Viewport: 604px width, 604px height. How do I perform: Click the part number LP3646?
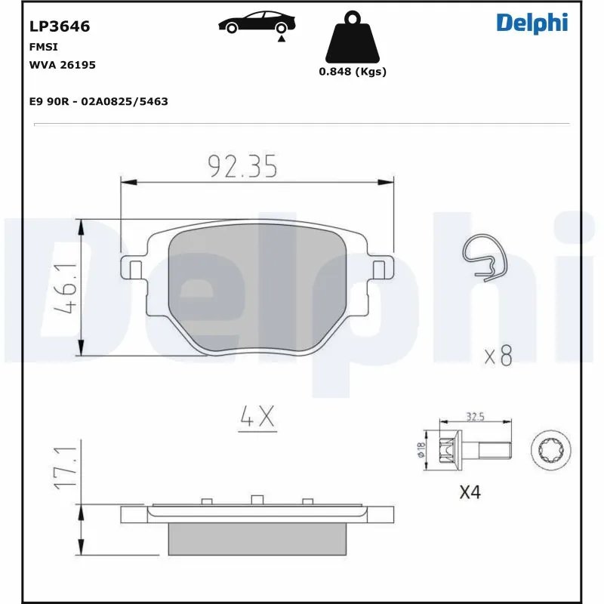[60, 26]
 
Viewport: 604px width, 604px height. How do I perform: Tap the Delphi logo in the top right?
[532, 23]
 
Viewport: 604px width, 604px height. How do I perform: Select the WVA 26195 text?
[62, 65]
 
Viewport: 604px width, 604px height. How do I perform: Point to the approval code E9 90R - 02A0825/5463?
[98, 101]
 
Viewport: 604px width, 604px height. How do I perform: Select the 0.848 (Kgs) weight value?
[352, 72]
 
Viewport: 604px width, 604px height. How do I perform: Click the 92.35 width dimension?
[243, 166]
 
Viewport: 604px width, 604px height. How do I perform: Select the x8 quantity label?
[498, 356]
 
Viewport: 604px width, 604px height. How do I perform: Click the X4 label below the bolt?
[470, 492]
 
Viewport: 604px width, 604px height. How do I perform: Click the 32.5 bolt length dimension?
[475, 416]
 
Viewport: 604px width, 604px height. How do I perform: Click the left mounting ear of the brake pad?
[134, 268]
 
